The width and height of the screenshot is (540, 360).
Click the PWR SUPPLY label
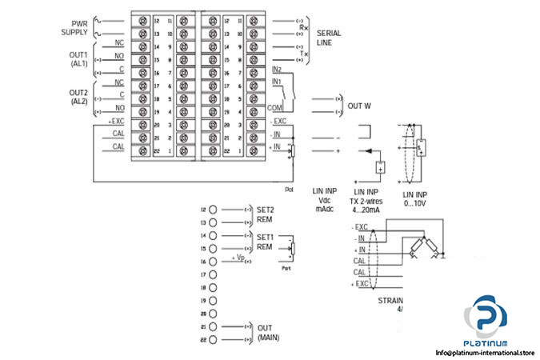[74, 27]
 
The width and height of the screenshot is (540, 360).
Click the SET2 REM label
[266, 213]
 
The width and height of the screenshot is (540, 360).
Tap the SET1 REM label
[266, 242]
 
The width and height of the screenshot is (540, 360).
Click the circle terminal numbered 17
[214, 274]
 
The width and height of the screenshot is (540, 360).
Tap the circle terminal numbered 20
[214, 313]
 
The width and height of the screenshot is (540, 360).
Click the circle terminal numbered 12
[214, 210]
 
